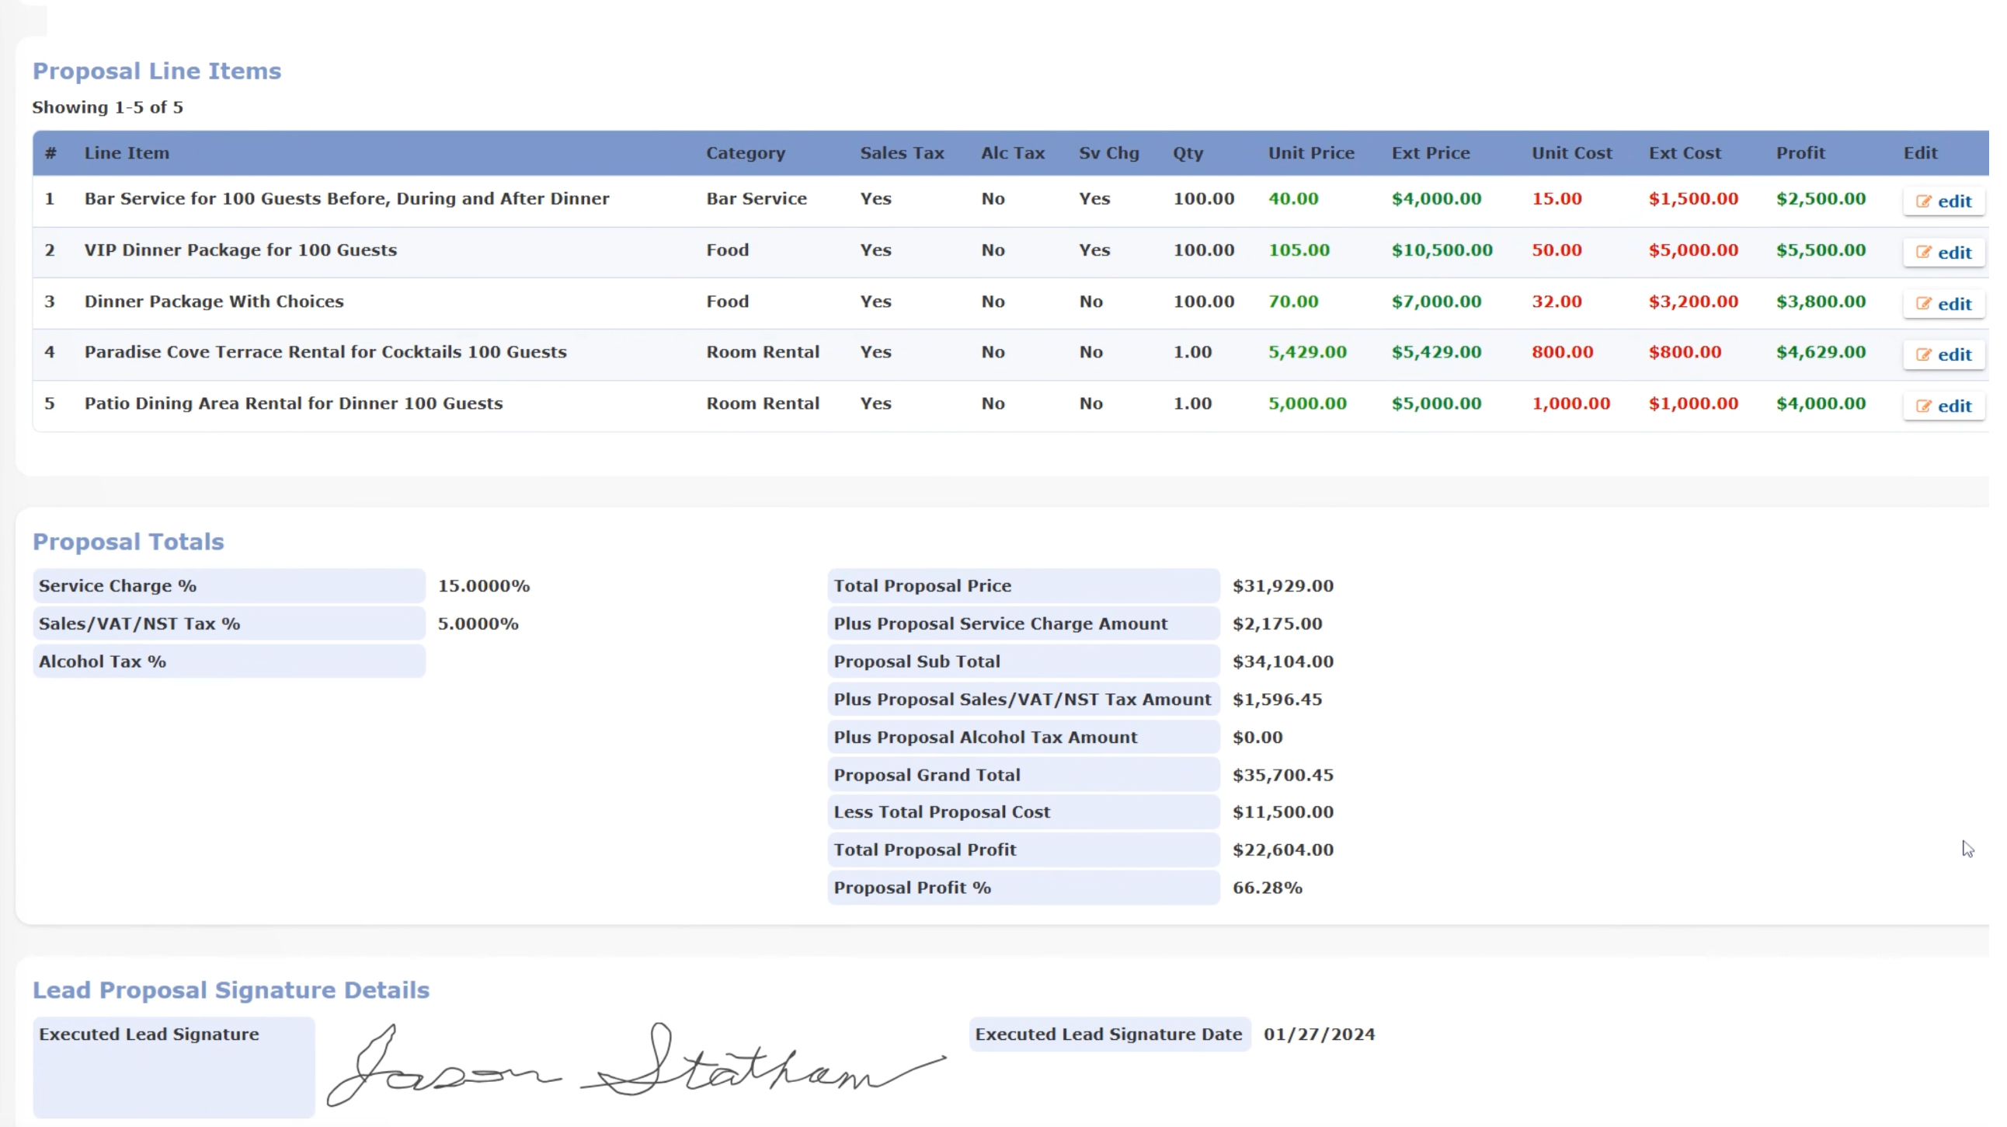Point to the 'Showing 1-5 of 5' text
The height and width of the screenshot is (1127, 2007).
(x=108, y=108)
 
